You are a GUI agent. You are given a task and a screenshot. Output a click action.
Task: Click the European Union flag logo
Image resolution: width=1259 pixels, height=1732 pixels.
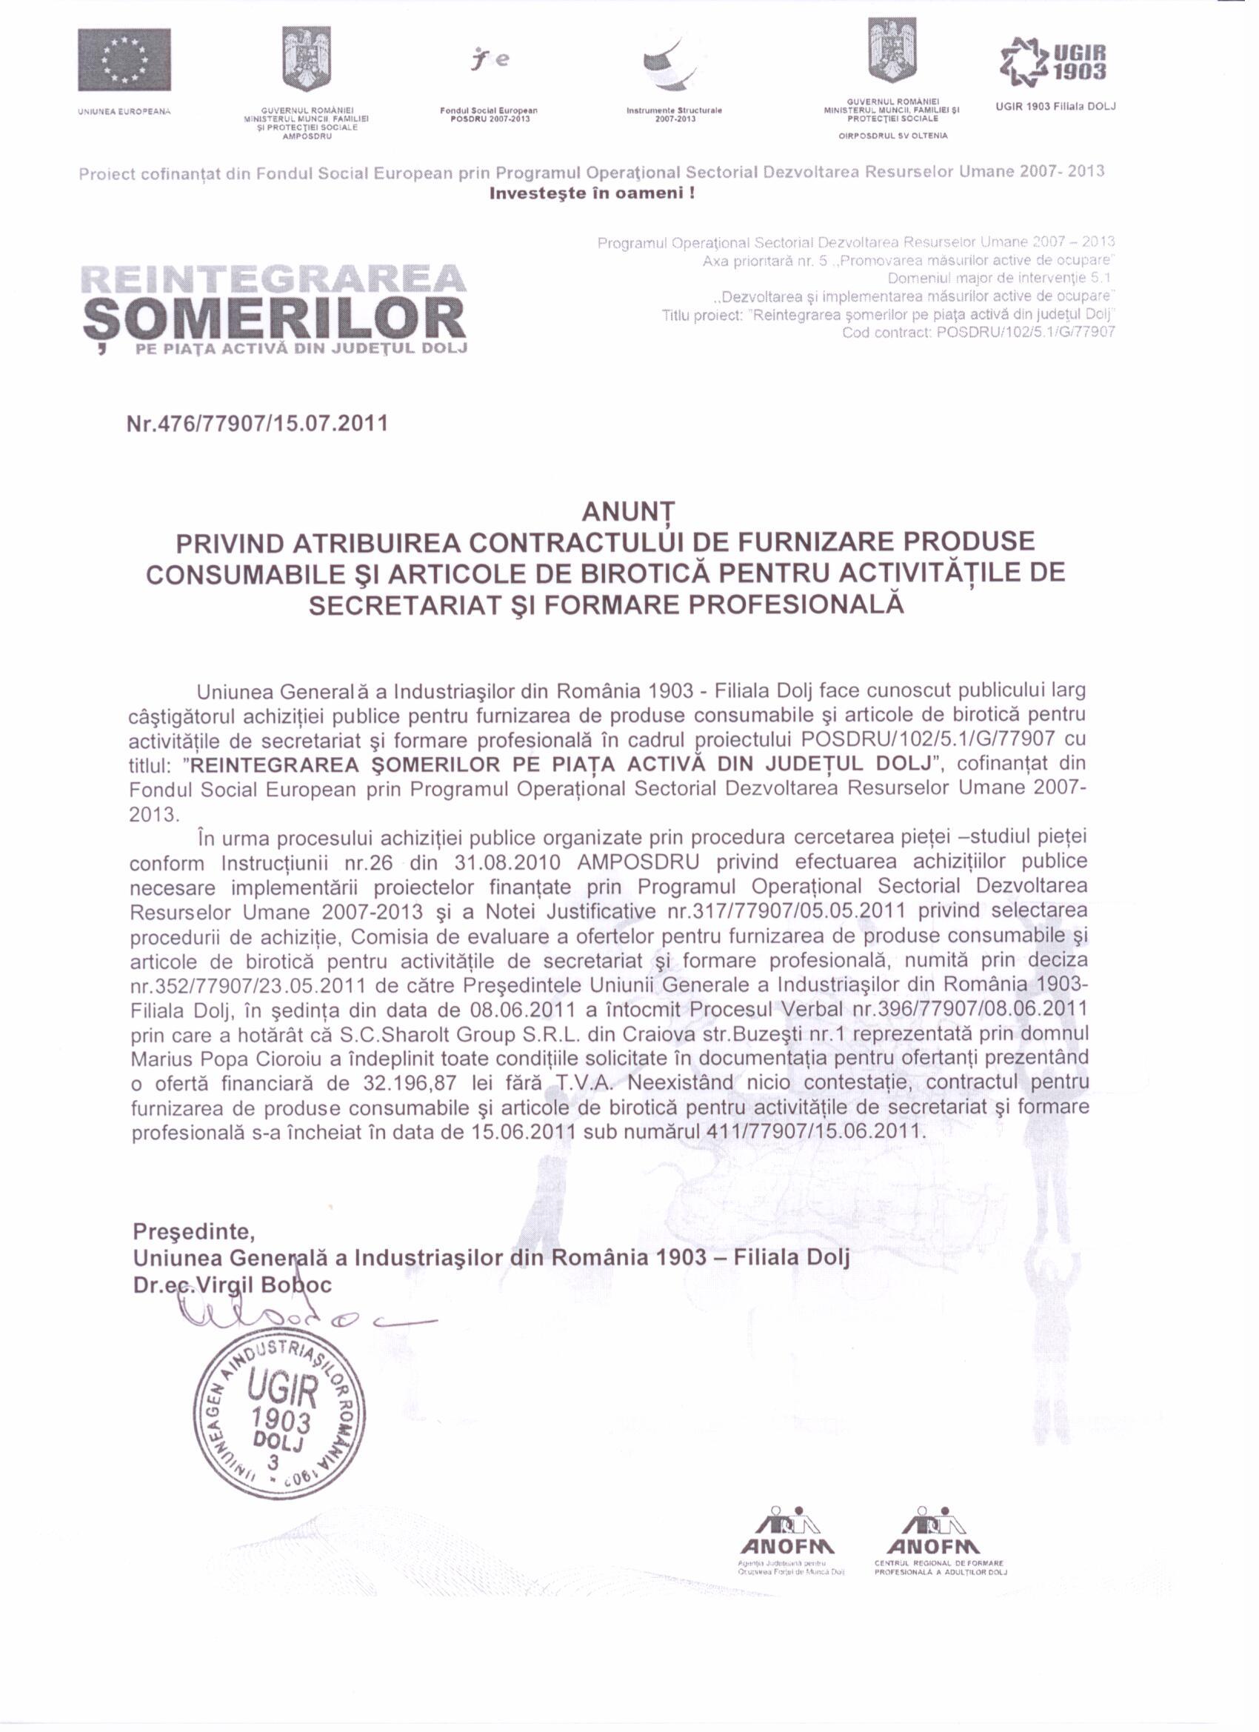124,59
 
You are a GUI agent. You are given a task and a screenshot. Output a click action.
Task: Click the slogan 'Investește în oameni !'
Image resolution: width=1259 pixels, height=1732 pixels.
592,193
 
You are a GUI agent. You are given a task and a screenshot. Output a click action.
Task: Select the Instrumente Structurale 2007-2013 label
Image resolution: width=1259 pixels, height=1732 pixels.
673,116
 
